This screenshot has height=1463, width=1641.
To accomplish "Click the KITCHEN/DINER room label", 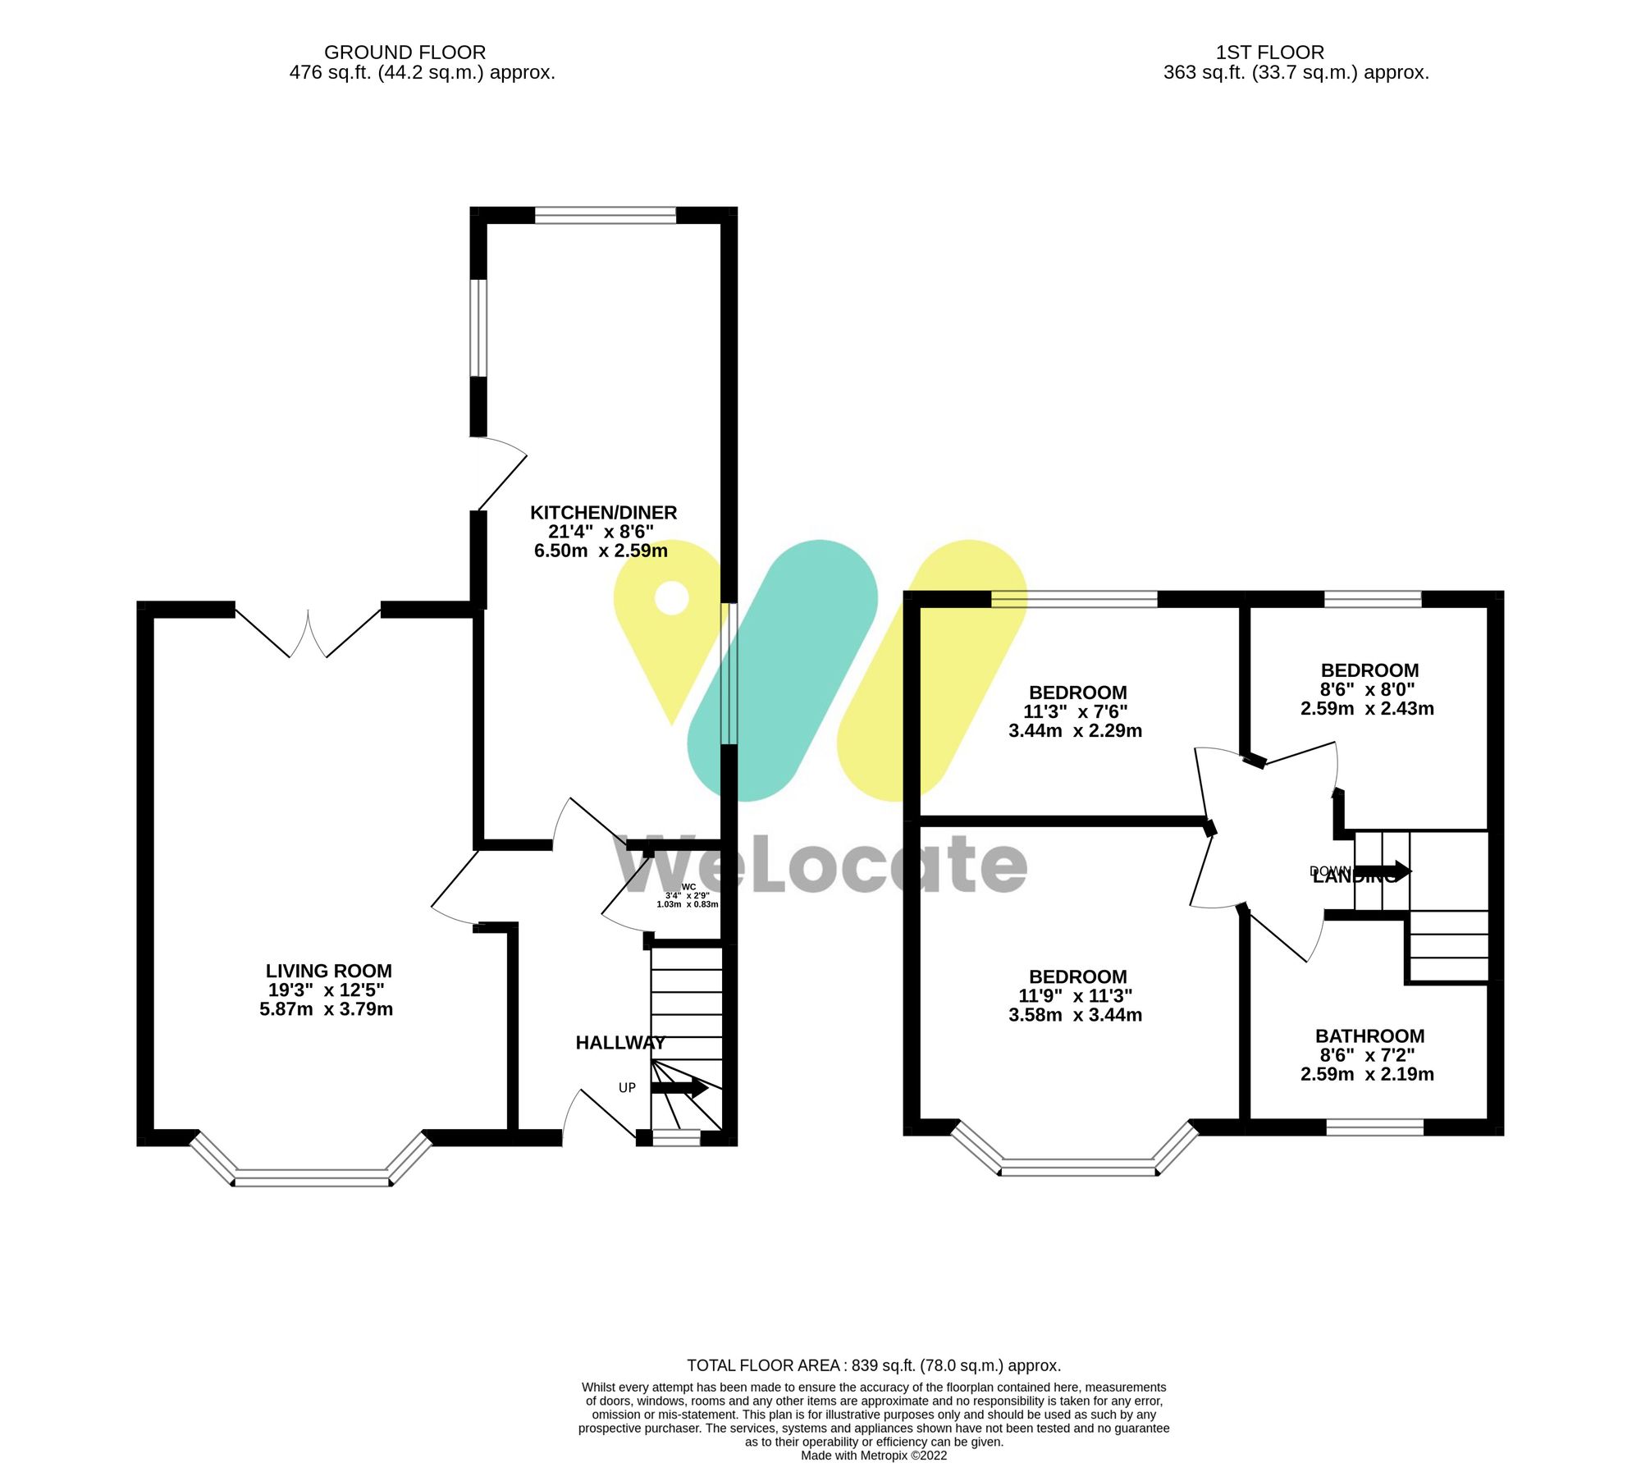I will click(x=603, y=513).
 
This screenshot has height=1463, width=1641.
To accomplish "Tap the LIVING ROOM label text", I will click(x=328, y=971).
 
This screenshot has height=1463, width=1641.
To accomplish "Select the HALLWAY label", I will click(x=619, y=1043).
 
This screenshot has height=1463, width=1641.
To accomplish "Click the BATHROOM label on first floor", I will click(x=1369, y=1036).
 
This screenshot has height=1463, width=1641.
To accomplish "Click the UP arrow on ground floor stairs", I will click(x=679, y=1089).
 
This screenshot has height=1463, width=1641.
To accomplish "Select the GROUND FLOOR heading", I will click(x=405, y=53).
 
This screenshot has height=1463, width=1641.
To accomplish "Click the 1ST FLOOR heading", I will click(x=1269, y=53).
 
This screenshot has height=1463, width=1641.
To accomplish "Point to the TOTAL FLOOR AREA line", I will click(x=874, y=1365).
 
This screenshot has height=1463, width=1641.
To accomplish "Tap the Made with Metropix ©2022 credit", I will click(x=874, y=1456).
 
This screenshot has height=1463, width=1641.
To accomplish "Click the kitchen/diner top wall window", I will click(x=606, y=215).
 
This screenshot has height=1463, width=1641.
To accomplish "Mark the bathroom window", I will click(x=1374, y=1128).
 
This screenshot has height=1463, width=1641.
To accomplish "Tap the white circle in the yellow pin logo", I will click(x=672, y=597).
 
